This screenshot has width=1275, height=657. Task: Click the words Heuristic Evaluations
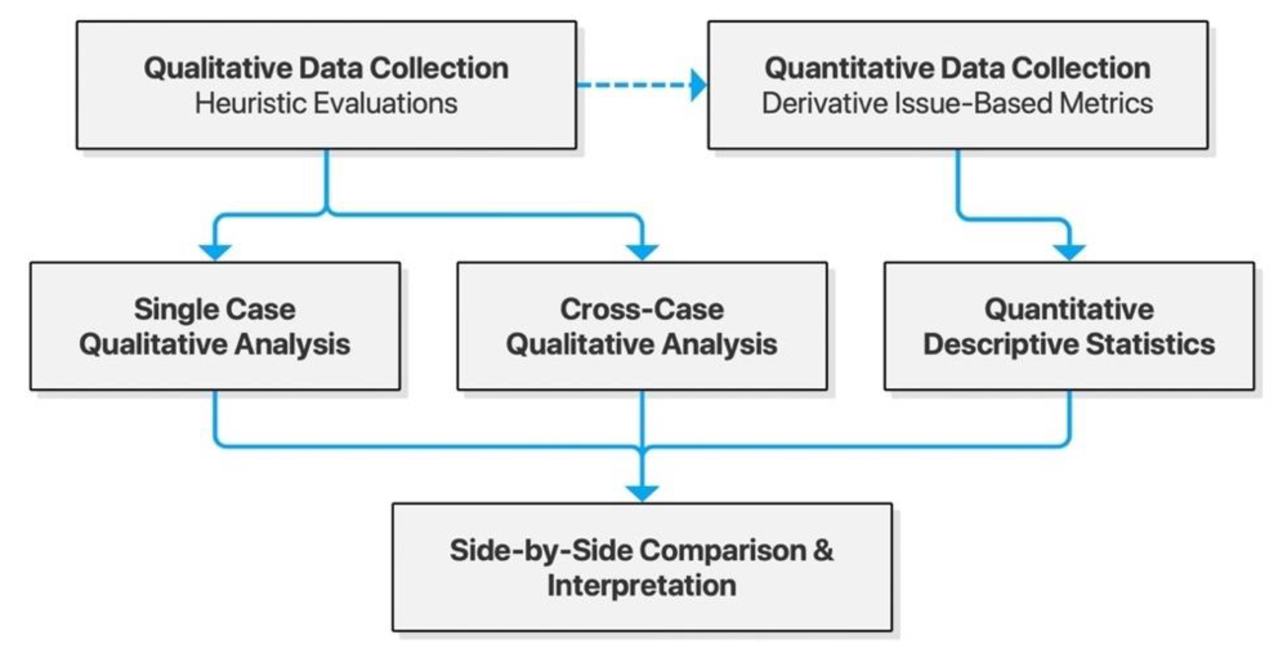326,104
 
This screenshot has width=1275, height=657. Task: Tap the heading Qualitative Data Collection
326,68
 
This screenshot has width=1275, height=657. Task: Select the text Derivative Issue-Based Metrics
957,104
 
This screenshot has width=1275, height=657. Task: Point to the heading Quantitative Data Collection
957,68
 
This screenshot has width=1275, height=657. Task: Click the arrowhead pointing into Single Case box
215,252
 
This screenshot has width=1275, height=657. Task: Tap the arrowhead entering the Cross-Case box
642,252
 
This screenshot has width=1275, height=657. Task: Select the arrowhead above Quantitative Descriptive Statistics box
1069,252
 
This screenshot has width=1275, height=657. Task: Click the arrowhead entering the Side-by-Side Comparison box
642,492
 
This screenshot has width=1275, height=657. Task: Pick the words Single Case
215,309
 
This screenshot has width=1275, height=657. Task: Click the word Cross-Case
642,309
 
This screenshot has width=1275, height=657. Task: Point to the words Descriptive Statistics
1069,344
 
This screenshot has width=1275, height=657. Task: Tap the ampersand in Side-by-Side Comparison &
822,550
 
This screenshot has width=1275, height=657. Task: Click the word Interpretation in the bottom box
642,585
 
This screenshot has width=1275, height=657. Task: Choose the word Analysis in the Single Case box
292,344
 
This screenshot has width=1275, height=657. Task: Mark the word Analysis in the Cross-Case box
719,344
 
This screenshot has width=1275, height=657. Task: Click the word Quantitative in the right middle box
1069,309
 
